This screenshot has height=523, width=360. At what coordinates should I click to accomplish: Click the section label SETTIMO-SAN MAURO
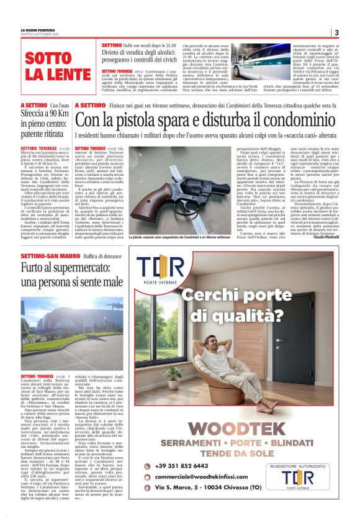point(43,256)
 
